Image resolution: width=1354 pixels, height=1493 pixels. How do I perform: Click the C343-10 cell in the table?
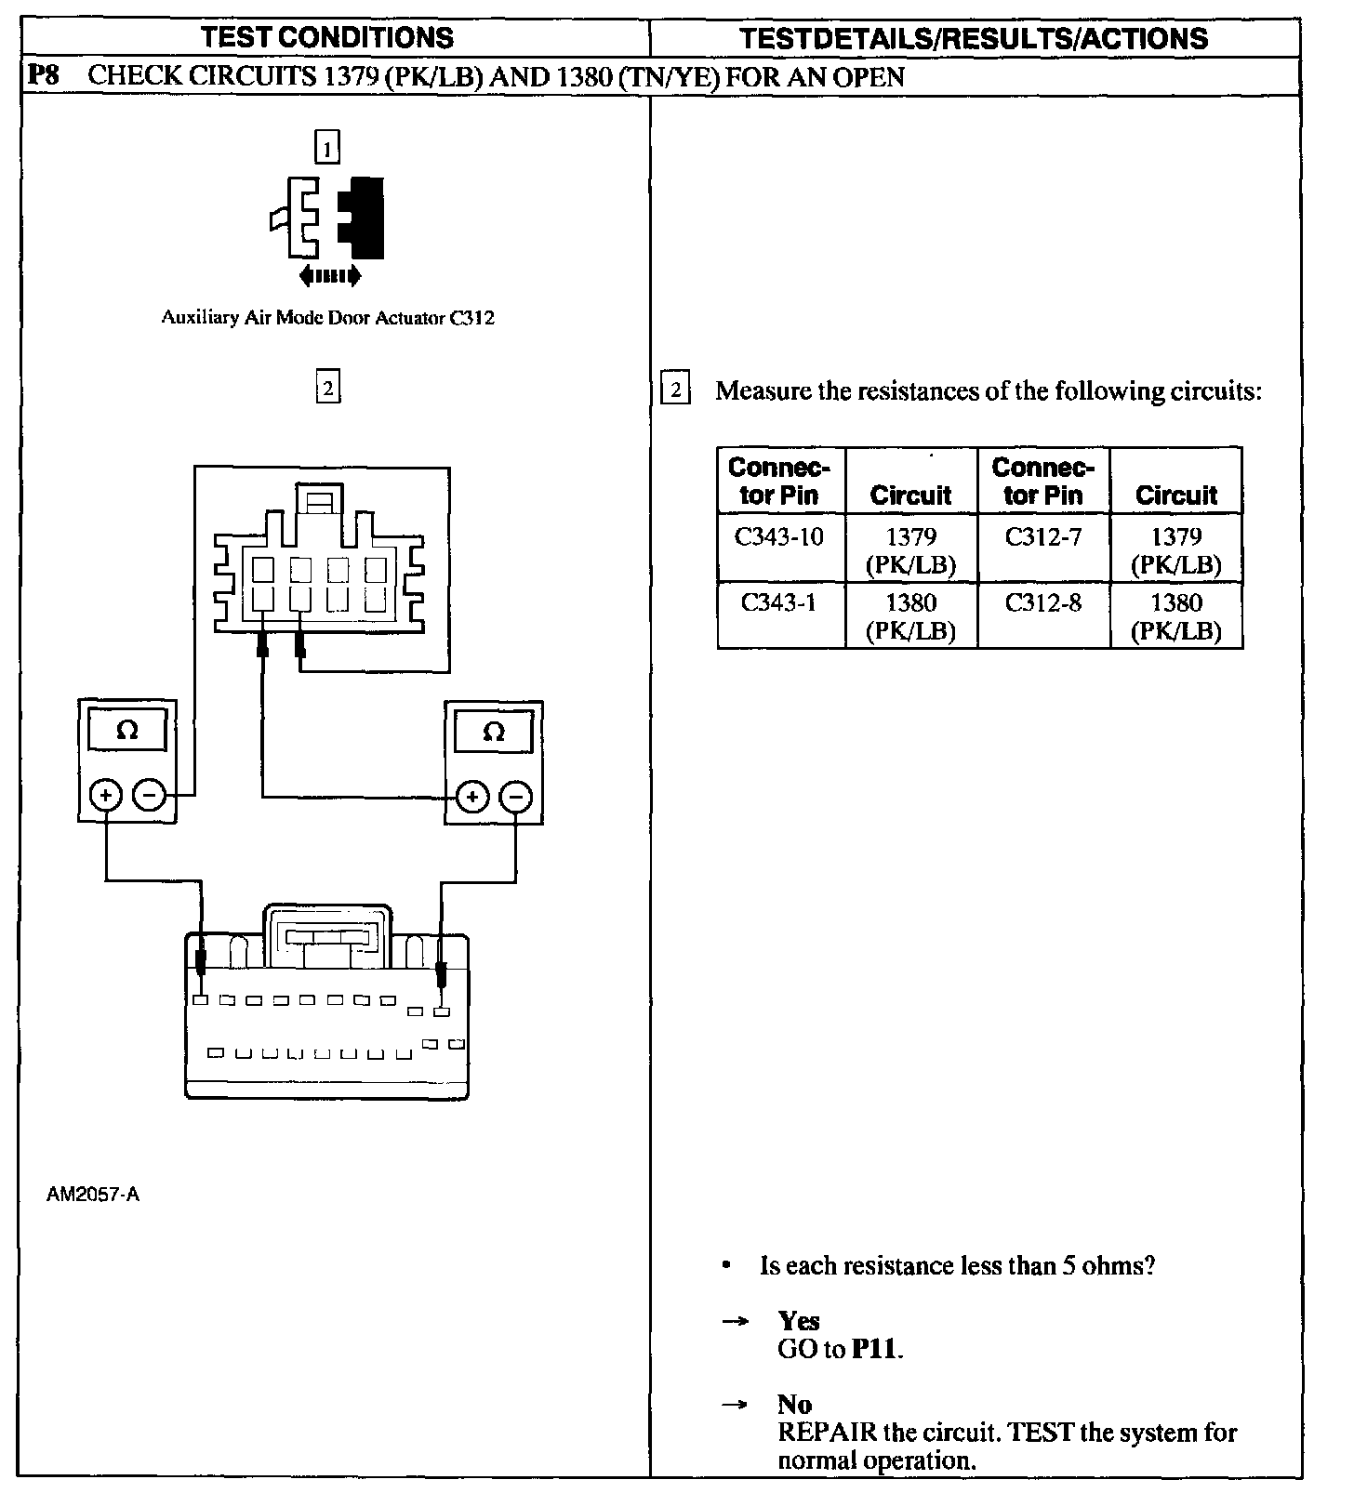pos(779,537)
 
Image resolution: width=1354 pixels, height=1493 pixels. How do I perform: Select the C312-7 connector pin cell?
pos(1043,537)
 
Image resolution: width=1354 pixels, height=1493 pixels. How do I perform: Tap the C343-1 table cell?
pos(779,603)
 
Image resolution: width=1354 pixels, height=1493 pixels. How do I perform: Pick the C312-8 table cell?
pos(1043,603)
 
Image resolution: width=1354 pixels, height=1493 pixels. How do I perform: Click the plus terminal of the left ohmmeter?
pos(106,796)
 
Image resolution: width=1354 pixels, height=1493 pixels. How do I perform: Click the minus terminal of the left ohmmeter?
pos(149,796)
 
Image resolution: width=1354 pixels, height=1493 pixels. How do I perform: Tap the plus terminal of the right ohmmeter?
pos(472,797)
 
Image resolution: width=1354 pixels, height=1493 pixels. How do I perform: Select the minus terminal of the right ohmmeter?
pos(516,797)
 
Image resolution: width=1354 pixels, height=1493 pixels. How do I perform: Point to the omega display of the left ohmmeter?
pos(127,731)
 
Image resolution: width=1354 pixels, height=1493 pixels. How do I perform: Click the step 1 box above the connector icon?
pos(327,147)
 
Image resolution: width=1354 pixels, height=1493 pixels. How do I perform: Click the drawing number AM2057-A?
pos(93,1195)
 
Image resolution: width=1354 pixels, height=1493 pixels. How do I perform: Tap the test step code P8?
pos(44,75)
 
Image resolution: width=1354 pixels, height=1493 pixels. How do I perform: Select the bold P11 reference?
pos(876,1349)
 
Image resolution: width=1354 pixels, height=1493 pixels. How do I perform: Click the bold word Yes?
pos(799,1321)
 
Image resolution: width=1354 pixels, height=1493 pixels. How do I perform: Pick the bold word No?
pos(795,1405)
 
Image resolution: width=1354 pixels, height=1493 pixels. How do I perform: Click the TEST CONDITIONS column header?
pos(327,37)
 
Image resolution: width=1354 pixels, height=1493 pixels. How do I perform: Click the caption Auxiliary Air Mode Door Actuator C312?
pos(327,318)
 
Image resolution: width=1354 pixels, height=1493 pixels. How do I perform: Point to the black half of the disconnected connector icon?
pos(365,216)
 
